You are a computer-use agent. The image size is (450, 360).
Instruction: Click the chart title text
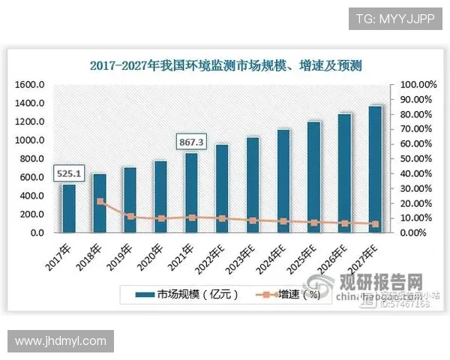225,66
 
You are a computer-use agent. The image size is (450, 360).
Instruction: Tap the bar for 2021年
192,193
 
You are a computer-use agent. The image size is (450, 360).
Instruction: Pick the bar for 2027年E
375,169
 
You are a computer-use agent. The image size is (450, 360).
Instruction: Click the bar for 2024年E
283,181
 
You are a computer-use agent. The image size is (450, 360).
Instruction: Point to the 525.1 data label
68,175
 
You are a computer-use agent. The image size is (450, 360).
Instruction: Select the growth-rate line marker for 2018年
100,202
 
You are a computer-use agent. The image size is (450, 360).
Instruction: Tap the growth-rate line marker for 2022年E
223,218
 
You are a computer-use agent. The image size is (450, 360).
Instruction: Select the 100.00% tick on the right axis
417,85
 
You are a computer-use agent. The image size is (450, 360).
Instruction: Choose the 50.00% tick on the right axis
417,159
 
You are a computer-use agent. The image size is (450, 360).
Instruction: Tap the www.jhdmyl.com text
61,341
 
